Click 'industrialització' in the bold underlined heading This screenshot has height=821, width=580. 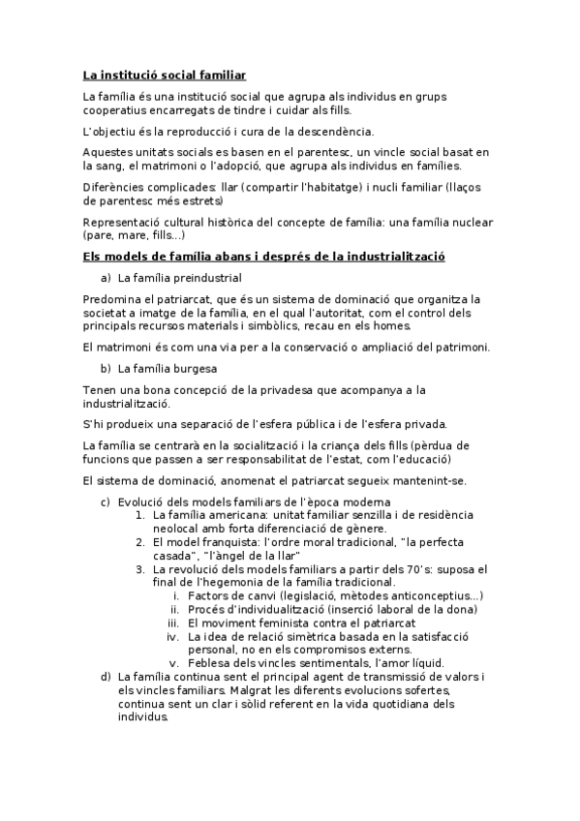(x=418, y=257)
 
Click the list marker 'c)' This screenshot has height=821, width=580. (x=106, y=502)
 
